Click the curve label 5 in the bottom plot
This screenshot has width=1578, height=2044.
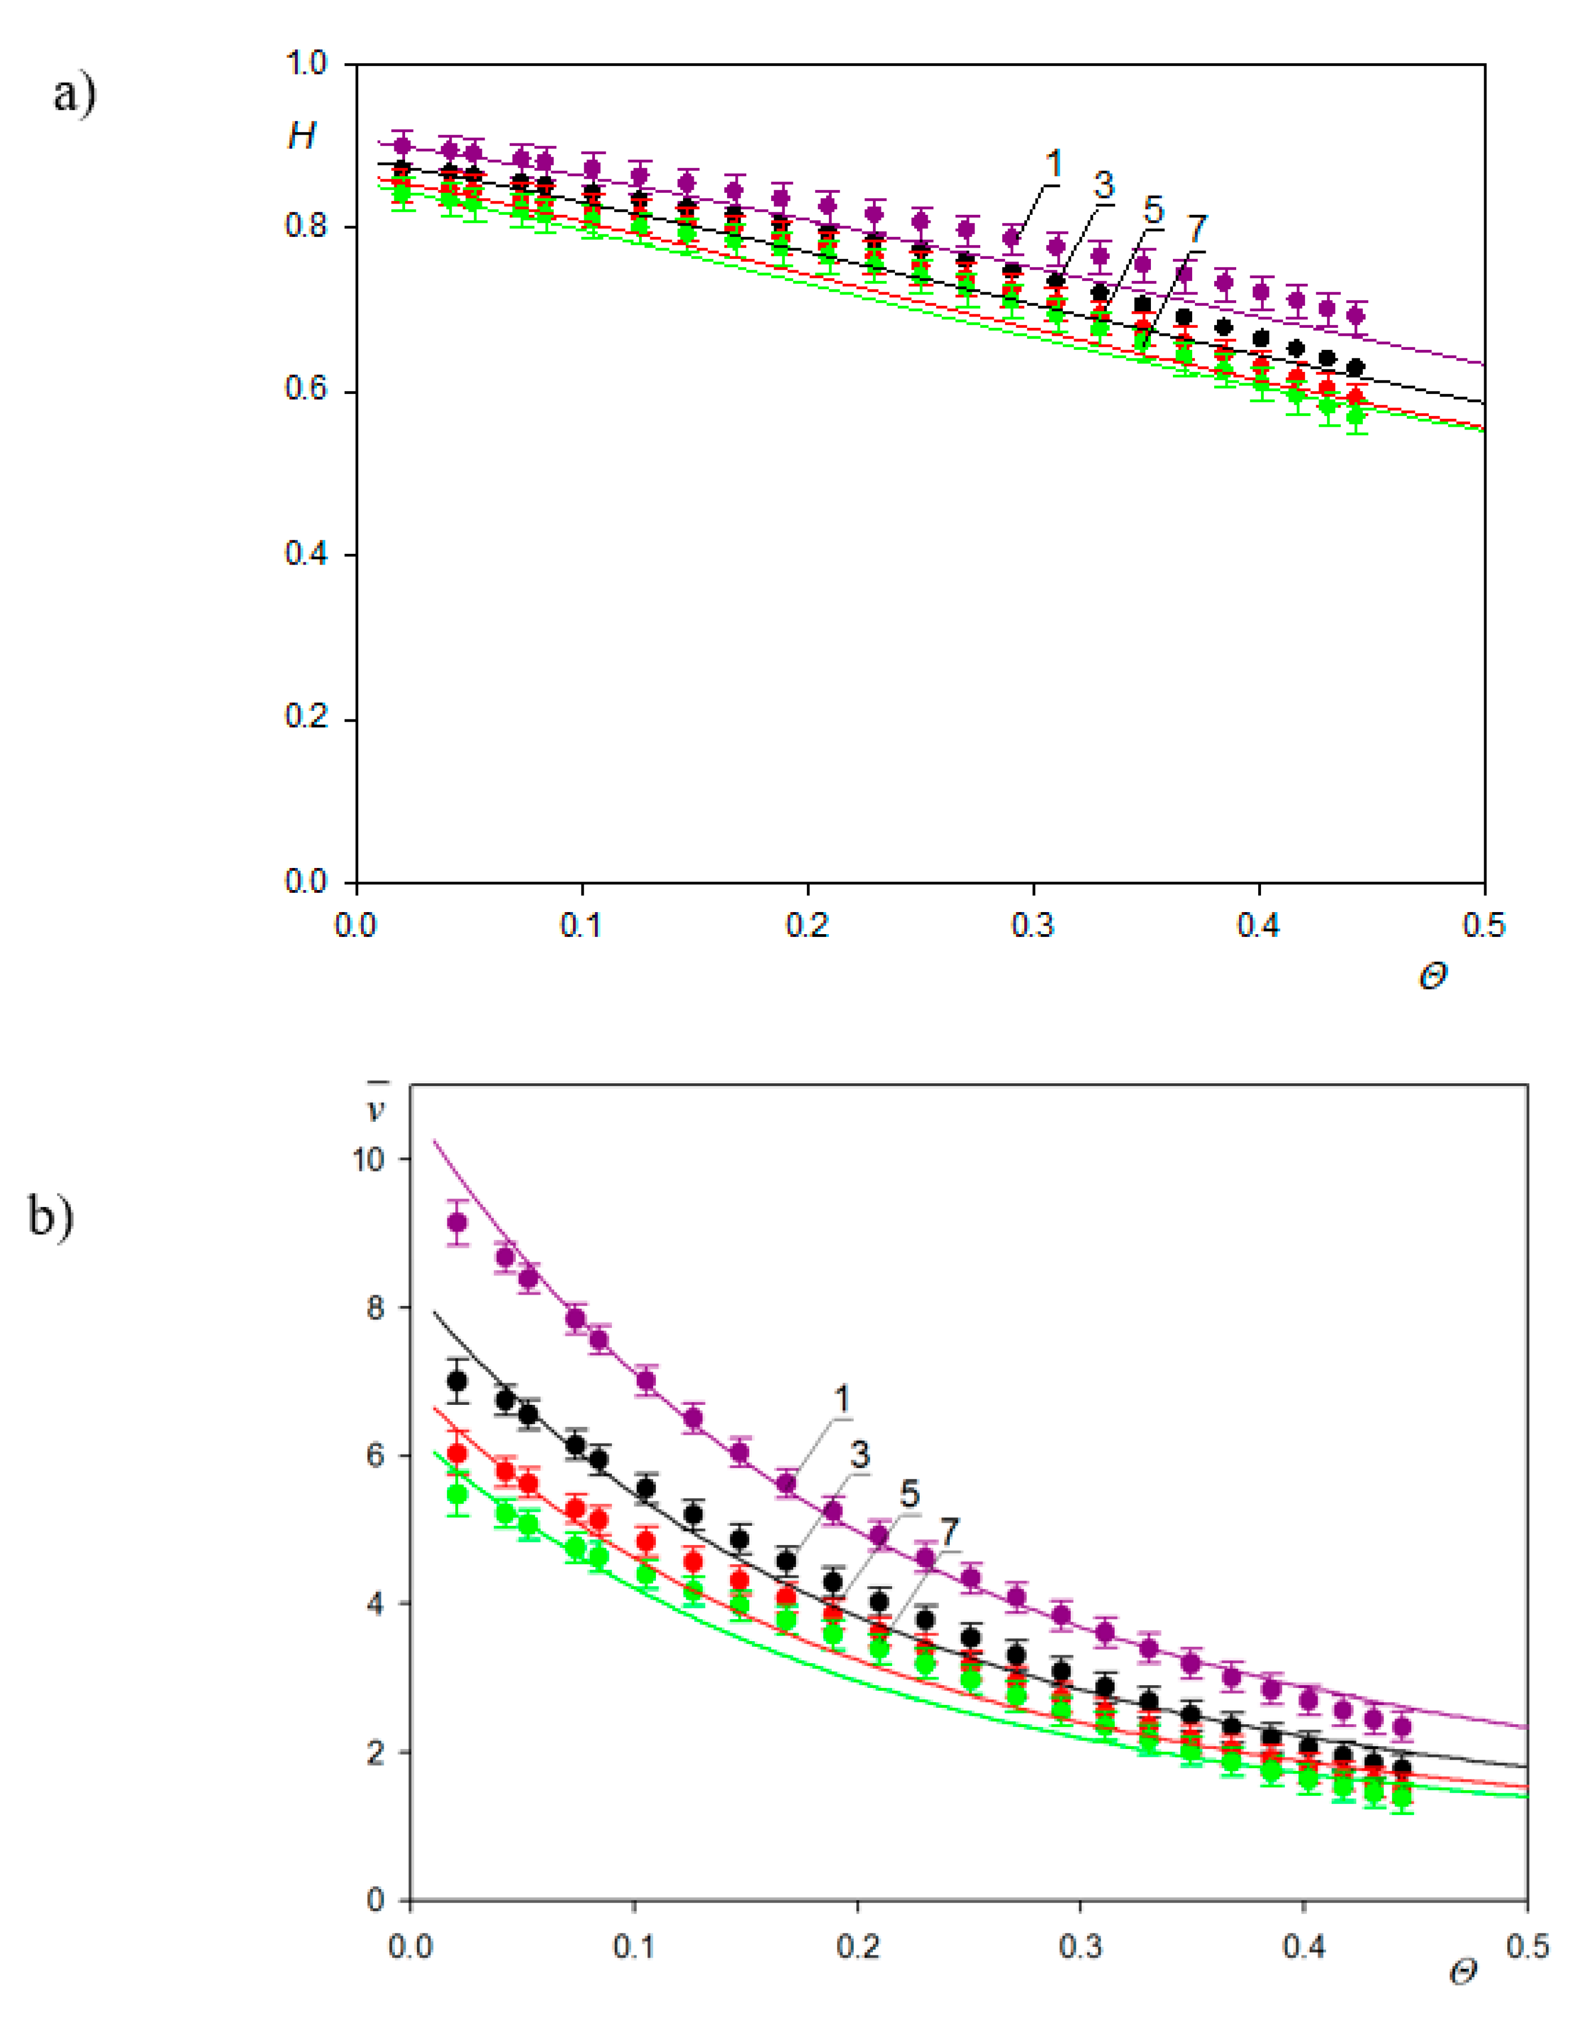pyautogui.click(x=908, y=1495)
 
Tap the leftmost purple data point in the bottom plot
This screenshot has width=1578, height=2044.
pyautogui.click(x=457, y=1222)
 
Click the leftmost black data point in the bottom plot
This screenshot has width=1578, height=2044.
pyautogui.click(x=457, y=1381)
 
